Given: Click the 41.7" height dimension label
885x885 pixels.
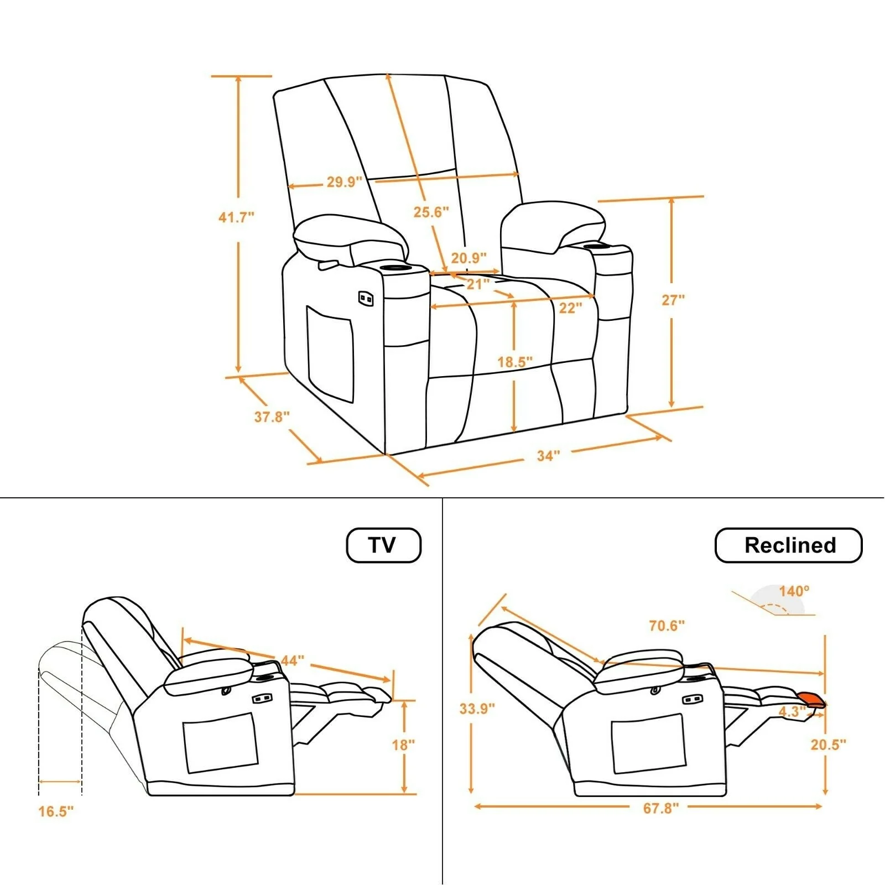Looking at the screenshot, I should click(236, 217).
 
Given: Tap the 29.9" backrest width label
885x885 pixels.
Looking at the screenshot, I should click(344, 181).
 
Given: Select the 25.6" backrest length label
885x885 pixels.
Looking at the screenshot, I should click(431, 212).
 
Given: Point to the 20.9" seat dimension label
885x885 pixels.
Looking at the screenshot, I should click(468, 258).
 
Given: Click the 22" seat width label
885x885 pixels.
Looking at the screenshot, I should click(570, 308).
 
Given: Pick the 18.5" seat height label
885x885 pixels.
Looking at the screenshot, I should click(514, 362).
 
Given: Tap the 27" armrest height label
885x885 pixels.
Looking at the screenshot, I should click(673, 300).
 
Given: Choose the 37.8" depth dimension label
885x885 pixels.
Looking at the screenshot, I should click(272, 417).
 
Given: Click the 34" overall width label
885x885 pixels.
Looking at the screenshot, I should click(548, 456).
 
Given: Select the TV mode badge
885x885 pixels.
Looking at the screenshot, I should click(383, 545).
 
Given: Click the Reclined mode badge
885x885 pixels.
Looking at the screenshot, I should click(789, 545).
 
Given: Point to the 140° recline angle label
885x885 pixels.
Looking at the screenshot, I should click(794, 591).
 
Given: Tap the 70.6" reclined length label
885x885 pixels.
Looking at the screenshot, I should click(667, 626).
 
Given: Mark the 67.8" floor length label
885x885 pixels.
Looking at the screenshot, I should click(660, 808).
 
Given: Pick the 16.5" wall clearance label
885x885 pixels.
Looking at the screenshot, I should click(56, 811).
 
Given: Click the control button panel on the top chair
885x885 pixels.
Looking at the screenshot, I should click(366, 299).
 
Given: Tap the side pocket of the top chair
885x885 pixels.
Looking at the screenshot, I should click(330, 354).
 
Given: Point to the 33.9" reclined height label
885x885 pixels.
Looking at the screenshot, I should click(477, 709).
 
